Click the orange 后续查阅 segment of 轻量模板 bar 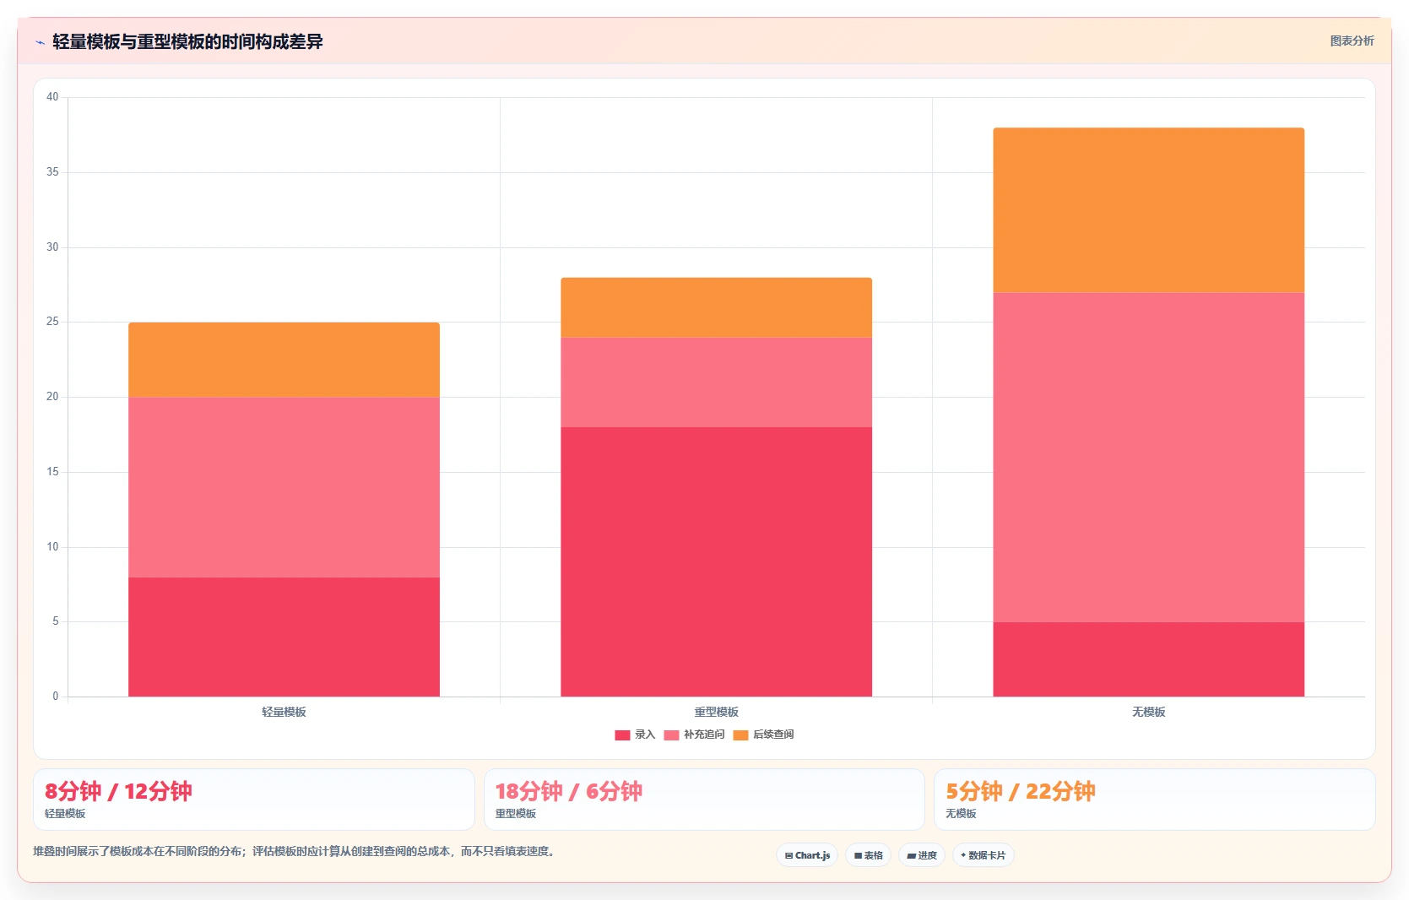(284, 360)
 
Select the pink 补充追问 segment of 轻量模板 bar (284, 487)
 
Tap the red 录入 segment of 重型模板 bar (717, 561)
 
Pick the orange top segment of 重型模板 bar (717, 307)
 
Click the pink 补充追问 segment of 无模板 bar (1149, 458)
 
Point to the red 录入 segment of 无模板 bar (1149, 659)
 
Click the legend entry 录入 (636, 735)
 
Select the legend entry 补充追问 (695, 735)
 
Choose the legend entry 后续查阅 (764, 735)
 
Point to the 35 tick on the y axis (52, 171)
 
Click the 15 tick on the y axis (52, 472)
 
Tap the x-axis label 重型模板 (717, 712)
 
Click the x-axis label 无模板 (1149, 712)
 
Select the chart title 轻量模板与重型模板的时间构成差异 (187, 41)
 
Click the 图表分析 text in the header (1352, 41)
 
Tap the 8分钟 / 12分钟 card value (118, 791)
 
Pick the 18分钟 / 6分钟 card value (569, 791)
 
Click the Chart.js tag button (807, 855)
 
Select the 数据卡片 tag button (984, 855)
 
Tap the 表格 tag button (868, 855)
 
